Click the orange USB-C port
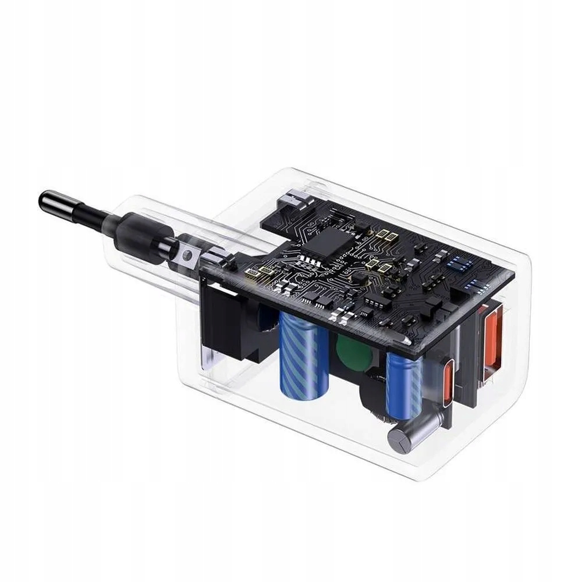pyautogui.click(x=448, y=378)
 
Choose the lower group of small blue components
pyautogui.click(x=478, y=286)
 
